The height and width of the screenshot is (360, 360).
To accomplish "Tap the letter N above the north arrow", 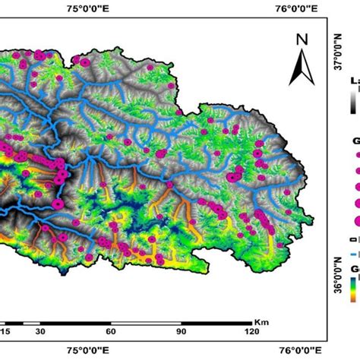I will (302, 40).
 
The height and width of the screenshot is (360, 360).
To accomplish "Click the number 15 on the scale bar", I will (5, 332).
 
